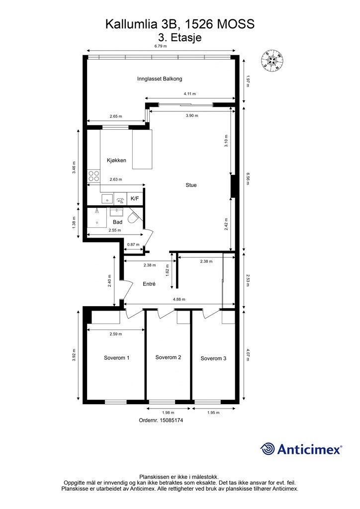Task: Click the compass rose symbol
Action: coord(271,60)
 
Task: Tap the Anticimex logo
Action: coord(301,449)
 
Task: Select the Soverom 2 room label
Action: coord(168,357)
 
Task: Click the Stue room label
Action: coord(191,185)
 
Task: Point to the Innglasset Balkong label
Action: coord(160,79)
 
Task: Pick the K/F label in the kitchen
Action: coord(135,198)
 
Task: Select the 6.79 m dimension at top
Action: coord(161,46)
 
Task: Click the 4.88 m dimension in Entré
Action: coord(179,300)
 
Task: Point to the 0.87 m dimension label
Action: coord(133,245)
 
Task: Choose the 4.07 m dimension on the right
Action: coord(248,354)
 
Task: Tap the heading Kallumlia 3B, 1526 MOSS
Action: coord(180,24)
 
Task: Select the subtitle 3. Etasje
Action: coord(180,37)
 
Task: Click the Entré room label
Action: coord(149,284)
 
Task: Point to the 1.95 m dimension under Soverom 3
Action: coord(213,413)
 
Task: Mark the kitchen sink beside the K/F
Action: coord(107,199)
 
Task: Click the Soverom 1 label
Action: coord(116,358)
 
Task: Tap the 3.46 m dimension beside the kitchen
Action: coord(75,168)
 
